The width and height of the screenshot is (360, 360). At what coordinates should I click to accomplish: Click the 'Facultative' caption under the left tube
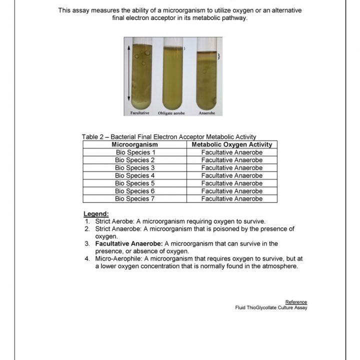(x=140, y=113)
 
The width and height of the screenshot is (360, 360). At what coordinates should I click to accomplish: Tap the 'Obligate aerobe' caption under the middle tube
(x=171, y=113)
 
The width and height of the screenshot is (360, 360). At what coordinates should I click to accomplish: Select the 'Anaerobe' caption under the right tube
(x=206, y=113)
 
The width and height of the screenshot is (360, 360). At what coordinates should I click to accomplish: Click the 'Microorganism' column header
(x=135, y=144)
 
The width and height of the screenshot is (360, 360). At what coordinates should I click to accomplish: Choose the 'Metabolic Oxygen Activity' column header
(x=232, y=144)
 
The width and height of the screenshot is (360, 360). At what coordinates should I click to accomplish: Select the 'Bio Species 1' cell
(x=135, y=152)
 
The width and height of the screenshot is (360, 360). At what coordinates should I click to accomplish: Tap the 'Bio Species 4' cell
(x=135, y=175)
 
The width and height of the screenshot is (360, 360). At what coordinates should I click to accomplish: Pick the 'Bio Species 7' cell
(x=135, y=198)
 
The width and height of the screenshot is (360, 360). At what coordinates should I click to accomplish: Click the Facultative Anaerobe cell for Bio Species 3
(x=232, y=167)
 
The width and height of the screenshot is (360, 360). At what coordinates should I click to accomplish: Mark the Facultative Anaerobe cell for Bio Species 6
(x=232, y=191)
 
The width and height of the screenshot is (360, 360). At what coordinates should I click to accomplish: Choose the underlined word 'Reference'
(x=296, y=301)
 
